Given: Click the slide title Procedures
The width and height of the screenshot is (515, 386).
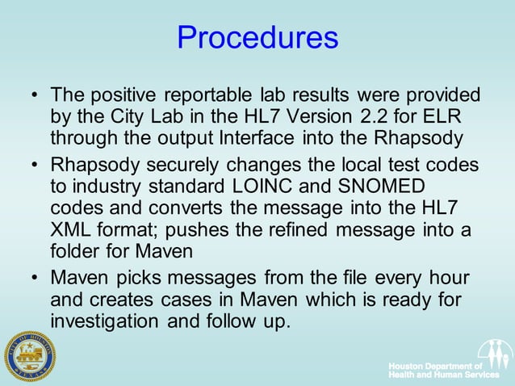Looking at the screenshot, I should (257, 38).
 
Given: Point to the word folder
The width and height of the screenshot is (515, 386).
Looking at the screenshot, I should (75, 251).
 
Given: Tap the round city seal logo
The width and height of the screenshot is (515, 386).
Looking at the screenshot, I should (30, 355).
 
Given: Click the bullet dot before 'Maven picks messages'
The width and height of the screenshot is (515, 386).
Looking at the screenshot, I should (34, 279).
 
